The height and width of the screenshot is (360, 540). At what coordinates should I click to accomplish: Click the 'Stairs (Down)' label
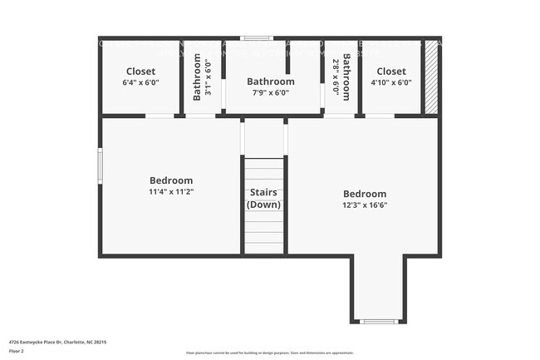point(265,198)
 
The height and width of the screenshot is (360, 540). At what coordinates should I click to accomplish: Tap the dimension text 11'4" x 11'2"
point(171,191)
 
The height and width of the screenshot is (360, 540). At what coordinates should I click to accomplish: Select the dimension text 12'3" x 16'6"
point(364,205)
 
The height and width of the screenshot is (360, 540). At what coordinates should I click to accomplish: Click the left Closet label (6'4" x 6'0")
point(140,76)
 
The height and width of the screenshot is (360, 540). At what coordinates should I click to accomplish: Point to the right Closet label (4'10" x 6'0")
point(390,76)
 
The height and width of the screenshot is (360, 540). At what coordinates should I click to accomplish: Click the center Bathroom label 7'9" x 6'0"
point(271,86)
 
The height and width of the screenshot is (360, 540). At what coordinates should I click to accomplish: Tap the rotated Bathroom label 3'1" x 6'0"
point(202,77)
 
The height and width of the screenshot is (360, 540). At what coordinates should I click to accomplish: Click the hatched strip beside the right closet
point(430,77)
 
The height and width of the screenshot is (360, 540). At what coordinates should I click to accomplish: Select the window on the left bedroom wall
point(101,163)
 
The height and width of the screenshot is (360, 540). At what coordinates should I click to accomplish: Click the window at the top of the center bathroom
point(258,38)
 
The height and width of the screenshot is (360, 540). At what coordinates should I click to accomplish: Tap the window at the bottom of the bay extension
point(379,321)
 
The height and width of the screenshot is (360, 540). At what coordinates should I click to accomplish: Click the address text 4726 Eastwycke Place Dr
point(57,342)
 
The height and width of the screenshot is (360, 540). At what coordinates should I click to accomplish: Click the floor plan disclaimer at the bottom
point(270,353)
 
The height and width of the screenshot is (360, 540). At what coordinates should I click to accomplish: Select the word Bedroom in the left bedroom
point(171,180)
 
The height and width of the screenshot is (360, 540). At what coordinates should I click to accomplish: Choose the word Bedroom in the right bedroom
point(364,194)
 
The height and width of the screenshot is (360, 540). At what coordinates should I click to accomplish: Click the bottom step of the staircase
point(265,248)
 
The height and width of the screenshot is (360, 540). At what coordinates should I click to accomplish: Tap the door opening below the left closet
point(160,116)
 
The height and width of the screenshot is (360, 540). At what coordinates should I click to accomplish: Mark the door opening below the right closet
point(380,116)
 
